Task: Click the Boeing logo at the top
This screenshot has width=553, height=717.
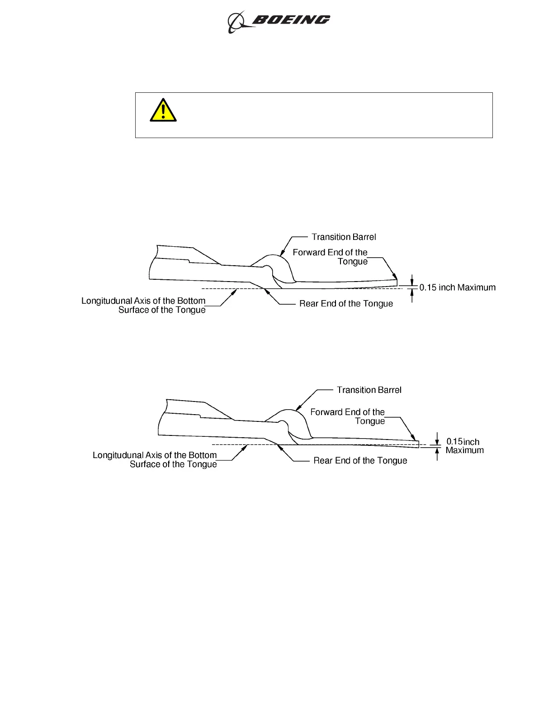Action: coord(279,21)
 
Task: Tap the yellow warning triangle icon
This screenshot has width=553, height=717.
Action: coord(163,110)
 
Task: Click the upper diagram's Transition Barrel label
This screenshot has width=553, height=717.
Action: coord(344,237)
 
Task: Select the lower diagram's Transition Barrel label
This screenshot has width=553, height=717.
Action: coord(369,390)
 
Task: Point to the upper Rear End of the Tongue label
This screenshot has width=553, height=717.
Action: coord(346,304)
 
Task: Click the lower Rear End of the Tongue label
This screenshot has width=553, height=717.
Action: coord(360,460)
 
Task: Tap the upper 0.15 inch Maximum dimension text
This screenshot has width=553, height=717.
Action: coord(457,287)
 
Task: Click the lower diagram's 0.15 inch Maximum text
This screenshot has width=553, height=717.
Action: coord(464,446)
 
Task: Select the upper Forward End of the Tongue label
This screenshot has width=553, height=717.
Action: coord(331,257)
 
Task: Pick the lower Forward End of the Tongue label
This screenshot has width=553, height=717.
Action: coord(348,416)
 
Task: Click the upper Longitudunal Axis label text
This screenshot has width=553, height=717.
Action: coord(144,305)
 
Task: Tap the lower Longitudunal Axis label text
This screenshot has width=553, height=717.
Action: coord(155,459)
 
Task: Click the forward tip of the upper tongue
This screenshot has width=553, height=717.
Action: coord(397,282)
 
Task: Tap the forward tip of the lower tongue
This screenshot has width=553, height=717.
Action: coord(417,444)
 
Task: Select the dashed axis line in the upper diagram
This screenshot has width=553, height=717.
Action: coord(226,288)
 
